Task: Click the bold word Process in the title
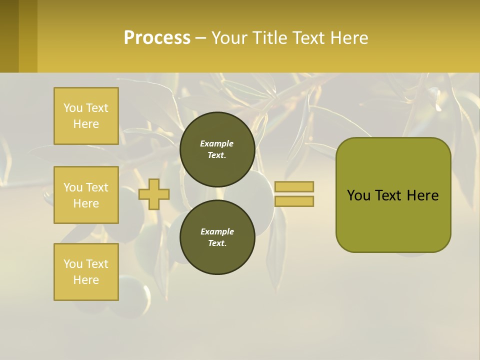coord(157,37)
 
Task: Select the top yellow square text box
coord(86,116)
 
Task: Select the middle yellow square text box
coord(86,195)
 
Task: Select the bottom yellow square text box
coord(86,271)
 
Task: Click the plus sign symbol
coord(154,194)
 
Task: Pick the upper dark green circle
coord(217,149)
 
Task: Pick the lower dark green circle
coord(217,237)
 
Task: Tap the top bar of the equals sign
coord(294,186)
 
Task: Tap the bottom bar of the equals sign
coord(294,201)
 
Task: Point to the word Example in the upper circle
coord(217,143)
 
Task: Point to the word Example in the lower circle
coord(217,231)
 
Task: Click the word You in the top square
coord(73,108)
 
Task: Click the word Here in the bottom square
coord(86,280)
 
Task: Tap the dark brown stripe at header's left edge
coord(9,36)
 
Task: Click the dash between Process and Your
coord(200,38)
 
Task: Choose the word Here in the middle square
coord(86,203)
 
